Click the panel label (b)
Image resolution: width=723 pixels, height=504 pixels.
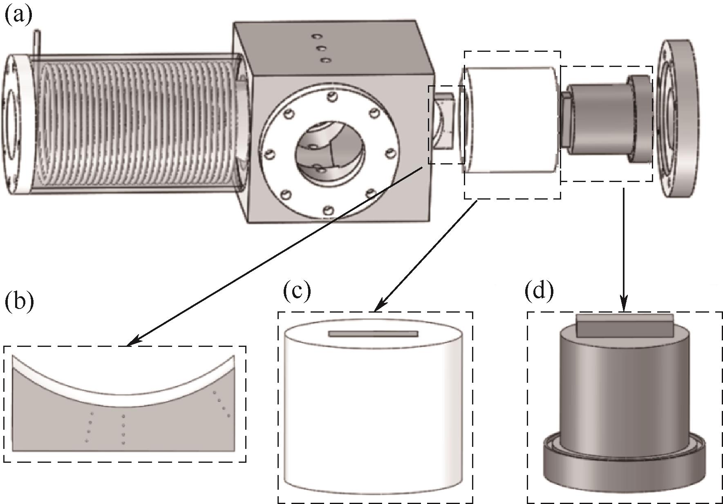tap(19, 302)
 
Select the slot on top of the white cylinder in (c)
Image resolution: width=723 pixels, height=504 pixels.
tap(373, 334)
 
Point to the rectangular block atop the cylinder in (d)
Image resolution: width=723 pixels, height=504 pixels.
tap(625, 325)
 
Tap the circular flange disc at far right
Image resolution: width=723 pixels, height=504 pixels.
tap(676, 118)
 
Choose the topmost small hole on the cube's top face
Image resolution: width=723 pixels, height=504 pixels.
tap(316, 36)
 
